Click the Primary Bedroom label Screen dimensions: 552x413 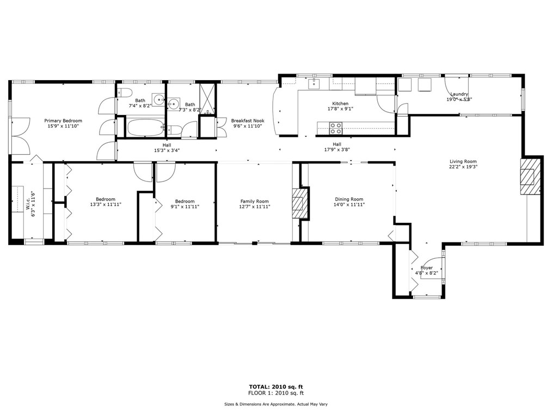(x=63, y=121)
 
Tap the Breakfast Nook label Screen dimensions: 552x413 (x=248, y=121)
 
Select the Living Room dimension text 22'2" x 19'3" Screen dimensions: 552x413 (x=463, y=167)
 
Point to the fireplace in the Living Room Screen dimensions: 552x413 (x=531, y=176)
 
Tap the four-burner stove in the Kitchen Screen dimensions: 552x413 (x=335, y=128)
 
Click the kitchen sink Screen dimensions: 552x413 (x=314, y=84)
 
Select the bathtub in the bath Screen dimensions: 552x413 (x=145, y=127)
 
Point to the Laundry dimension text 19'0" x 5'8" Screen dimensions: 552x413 (x=459, y=99)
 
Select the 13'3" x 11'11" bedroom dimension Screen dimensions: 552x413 (x=106, y=204)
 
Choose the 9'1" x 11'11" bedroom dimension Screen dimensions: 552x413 (x=185, y=206)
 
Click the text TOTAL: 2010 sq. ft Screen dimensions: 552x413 (x=276, y=387)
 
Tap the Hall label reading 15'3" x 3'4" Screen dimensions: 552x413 (x=167, y=148)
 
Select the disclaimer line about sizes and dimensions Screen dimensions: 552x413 (x=276, y=404)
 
